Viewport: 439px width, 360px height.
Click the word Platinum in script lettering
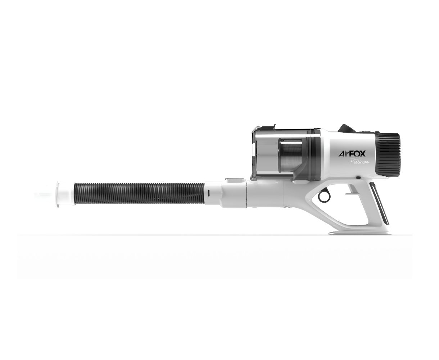[x=359, y=161]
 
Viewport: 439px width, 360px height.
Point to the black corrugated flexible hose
[x=139, y=193]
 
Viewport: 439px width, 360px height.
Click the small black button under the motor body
[x=358, y=177]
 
